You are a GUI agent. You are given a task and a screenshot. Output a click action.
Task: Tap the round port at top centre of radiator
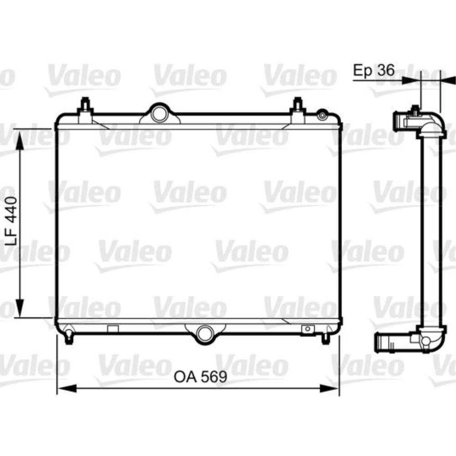[x=159, y=114]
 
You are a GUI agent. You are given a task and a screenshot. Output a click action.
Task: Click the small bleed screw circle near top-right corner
[x=322, y=114]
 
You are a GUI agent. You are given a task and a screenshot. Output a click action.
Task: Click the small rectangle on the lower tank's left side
[x=113, y=328]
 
